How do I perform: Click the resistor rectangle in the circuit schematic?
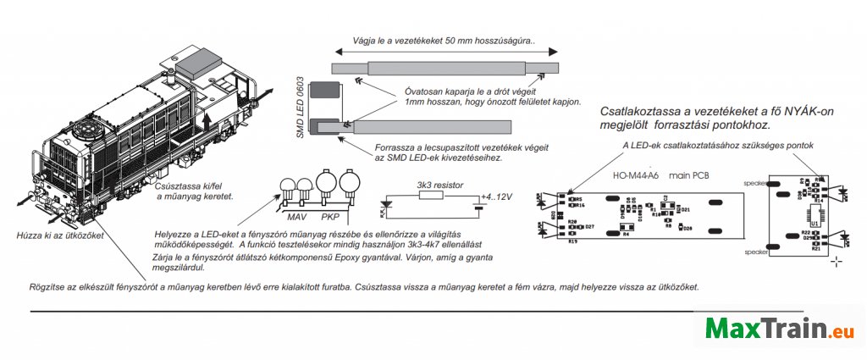pyautogui.click(x=431, y=195)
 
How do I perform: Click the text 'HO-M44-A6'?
pyautogui.click(x=635, y=176)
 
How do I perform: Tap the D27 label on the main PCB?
pyautogui.click(x=589, y=227)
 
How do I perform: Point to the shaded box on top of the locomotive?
pyautogui.click(x=204, y=61)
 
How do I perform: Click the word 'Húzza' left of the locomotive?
pyautogui.click(x=30, y=235)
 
